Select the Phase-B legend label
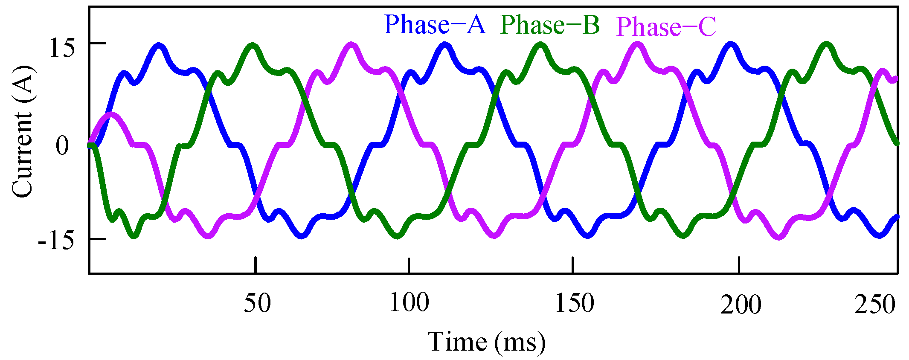(550, 25)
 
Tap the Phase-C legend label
(666, 27)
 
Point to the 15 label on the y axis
(62, 48)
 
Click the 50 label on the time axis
(257, 304)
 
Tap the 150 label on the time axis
(574, 304)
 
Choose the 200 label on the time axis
(741, 305)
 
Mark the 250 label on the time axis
(874, 305)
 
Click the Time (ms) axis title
(486, 342)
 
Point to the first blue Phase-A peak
(159, 46)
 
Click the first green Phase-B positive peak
(253, 45)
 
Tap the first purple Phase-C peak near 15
(351, 44)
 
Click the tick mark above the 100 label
(409, 265)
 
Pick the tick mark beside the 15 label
(97, 43)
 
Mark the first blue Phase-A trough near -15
(302, 235)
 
